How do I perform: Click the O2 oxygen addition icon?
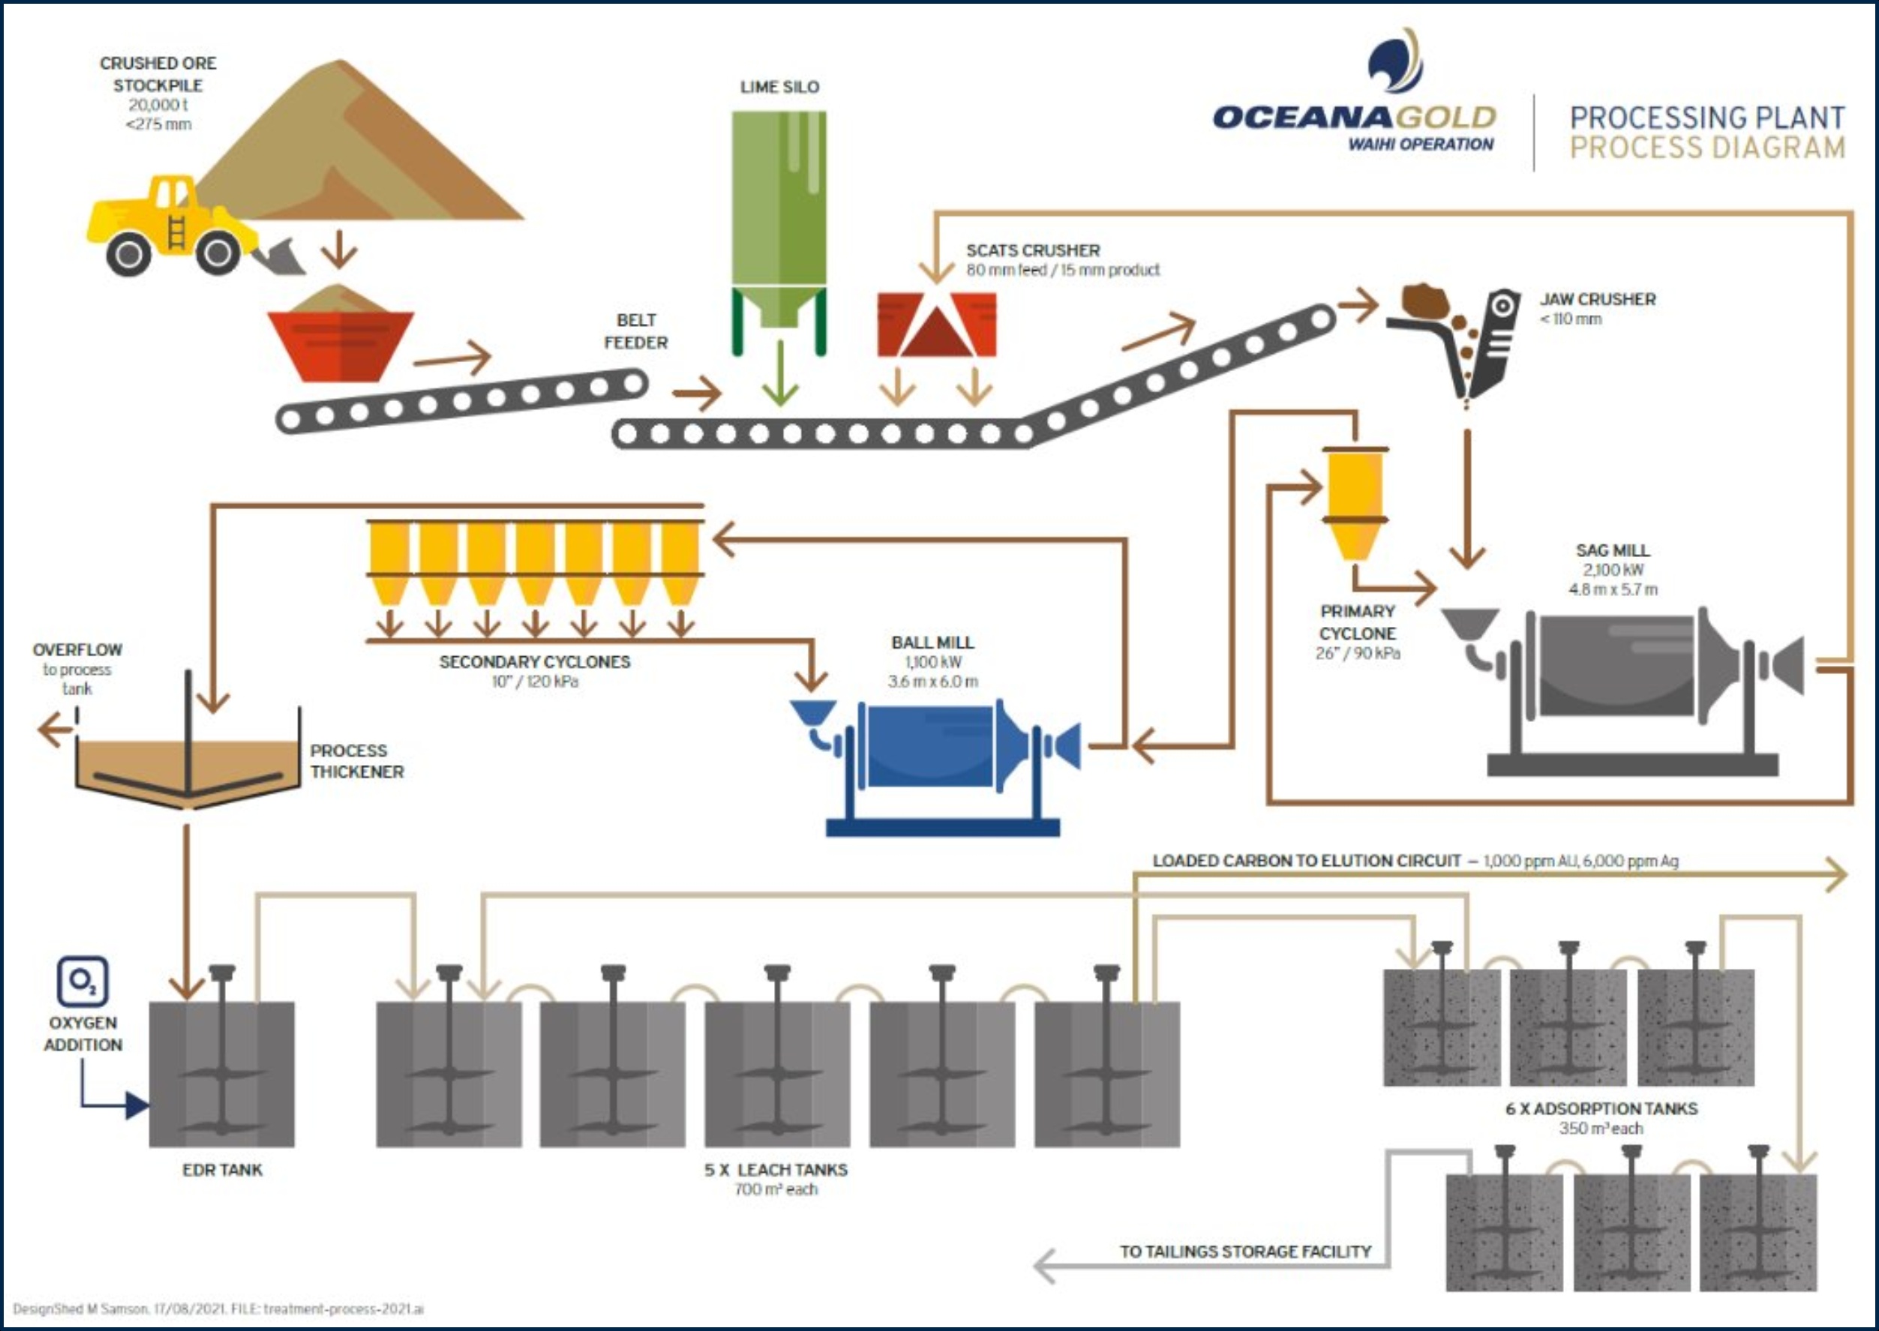tap(83, 981)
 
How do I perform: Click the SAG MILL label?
tap(1613, 550)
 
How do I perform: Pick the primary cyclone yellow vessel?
tap(1355, 500)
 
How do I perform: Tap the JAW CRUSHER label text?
tap(1597, 299)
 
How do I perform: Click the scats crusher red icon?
tap(936, 325)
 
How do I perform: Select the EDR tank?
tap(221, 1074)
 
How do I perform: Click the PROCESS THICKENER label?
tap(356, 761)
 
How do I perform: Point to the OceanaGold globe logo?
tap(1395, 61)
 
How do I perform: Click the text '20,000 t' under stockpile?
tap(158, 105)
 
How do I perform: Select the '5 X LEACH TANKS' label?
tap(776, 1170)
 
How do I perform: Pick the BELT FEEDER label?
tap(635, 331)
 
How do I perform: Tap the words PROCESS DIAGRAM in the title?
tap(1708, 148)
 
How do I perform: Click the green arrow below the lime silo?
tap(779, 385)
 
